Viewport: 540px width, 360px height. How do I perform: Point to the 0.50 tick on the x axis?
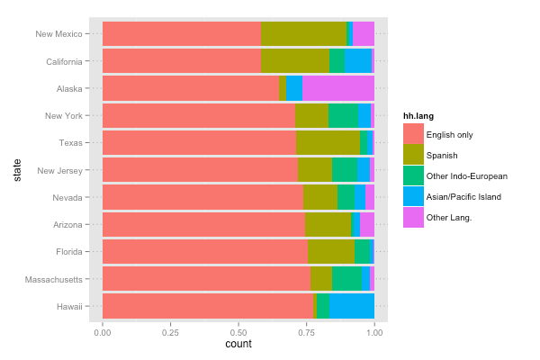click(x=238, y=332)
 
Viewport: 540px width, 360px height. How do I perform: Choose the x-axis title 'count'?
click(x=238, y=345)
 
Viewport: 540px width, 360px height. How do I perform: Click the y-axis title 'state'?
click(x=16, y=170)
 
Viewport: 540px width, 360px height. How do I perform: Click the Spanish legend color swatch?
click(x=413, y=155)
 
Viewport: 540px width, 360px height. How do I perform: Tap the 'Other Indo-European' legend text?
click(x=465, y=175)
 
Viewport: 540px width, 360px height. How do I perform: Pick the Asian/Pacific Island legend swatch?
click(x=413, y=196)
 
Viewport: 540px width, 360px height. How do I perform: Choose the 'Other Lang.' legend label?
click(x=450, y=217)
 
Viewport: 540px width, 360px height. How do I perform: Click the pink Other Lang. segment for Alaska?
click(x=337, y=88)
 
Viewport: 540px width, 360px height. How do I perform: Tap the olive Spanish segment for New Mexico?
click(x=303, y=34)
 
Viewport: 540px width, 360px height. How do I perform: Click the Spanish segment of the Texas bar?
click(x=328, y=143)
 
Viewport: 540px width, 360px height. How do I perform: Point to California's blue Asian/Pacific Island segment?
click(x=358, y=61)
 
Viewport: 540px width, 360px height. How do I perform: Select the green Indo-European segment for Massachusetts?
click(x=346, y=279)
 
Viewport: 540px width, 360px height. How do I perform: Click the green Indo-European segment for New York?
click(x=343, y=115)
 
